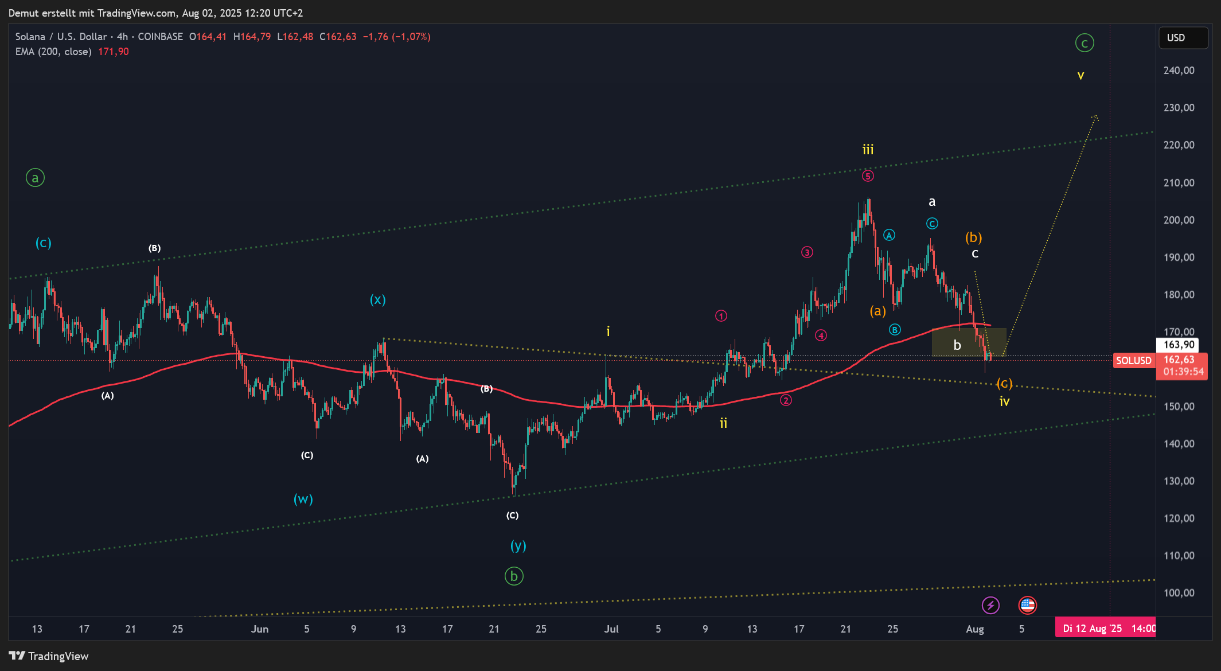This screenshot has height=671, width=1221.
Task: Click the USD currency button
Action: [x=1183, y=38]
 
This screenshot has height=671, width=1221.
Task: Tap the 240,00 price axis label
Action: [x=1179, y=71]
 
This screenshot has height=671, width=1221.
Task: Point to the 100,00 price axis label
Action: [x=1179, y=593]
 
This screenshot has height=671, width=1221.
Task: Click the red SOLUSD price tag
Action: [x=1133, y=361]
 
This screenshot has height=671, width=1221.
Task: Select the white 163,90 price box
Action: [x=1179, y=345]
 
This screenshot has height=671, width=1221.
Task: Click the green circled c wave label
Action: [x=1084, y=43]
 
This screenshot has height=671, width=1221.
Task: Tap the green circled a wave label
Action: [x=35, y=178]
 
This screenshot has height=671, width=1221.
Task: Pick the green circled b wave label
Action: [x=514, y=576]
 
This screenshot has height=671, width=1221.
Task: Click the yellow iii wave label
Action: [x=868, y=150]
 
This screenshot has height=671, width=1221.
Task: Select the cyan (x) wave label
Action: [x=377, y=299]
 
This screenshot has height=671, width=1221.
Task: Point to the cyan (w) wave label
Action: [x=303, y=499]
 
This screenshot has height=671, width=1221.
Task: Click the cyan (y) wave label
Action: [x=518, y=545]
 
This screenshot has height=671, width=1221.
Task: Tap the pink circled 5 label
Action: [x=868, y=176]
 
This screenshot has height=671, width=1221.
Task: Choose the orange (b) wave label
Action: [x=973, y=237]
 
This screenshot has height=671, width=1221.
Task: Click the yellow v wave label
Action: [x=1080, y=76]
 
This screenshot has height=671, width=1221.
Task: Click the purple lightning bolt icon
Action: [x=990, y=605]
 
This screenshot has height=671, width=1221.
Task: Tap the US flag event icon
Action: [x=1027, y=605]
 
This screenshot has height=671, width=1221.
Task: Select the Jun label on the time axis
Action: [x=259, y=629]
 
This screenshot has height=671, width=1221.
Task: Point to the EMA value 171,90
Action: [x=113, y=52]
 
